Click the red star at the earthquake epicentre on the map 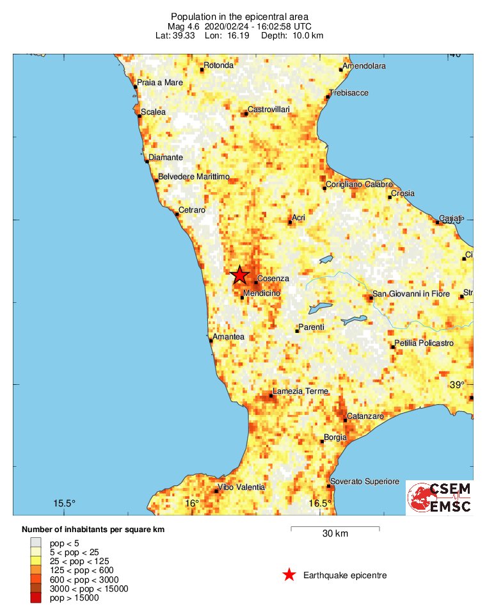click(239, 275)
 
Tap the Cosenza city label click(273, 279)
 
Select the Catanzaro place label click(365, 416)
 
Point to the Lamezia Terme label click(300, 391)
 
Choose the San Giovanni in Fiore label click(411, 294)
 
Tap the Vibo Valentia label click(241, 487)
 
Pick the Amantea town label click(228, 336)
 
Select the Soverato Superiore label click(364, 482)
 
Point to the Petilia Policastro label click(424, 343)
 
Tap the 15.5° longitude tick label click(64, 503)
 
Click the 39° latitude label click(457, 385)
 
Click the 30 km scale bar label click(335, 534)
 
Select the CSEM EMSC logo click(440, 498)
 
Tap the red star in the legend click(289, 575)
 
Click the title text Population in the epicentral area click(241, 16)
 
